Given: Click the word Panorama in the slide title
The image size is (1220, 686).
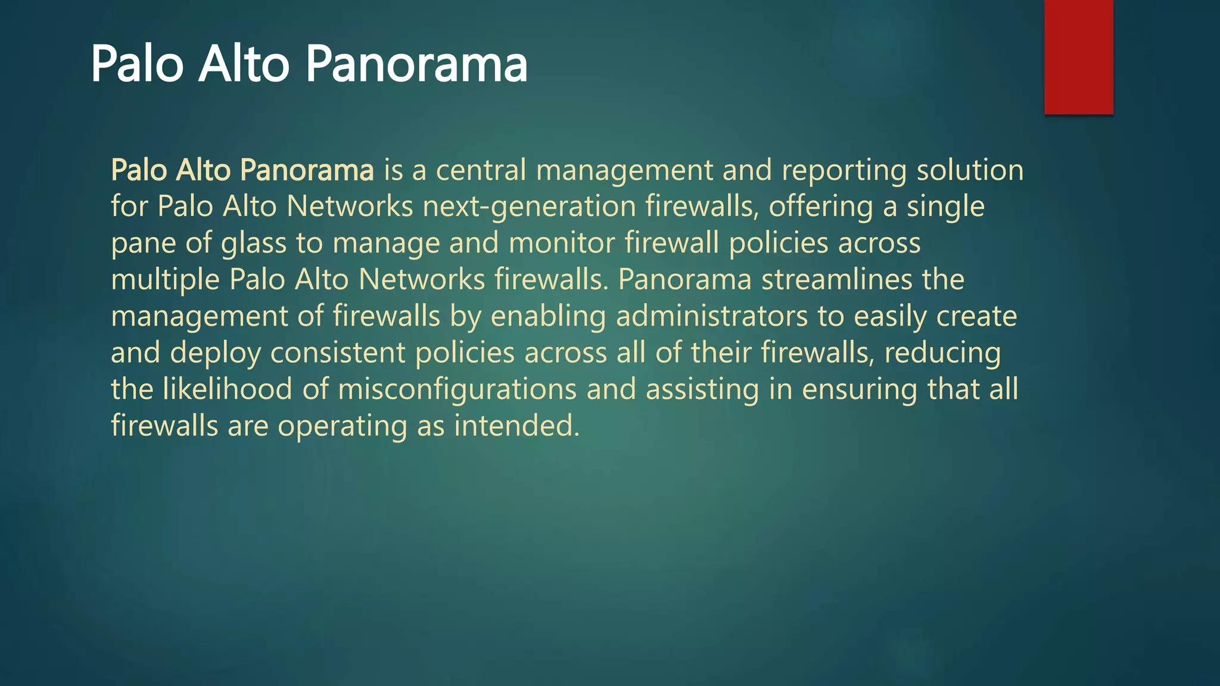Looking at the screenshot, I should tap(416, 64).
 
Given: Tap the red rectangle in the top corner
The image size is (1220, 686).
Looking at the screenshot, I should tap(1078, 57).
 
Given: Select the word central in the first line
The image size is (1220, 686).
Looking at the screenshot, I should tap(481, 170).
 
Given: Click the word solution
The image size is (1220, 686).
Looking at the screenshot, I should tap(970, 170).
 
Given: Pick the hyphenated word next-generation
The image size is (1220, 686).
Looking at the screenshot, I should tap(529, 207).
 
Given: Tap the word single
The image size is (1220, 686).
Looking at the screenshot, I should tap(945, 207).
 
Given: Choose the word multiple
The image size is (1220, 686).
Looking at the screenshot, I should tap(165, 280).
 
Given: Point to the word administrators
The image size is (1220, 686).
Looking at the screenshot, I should tap(711, 316).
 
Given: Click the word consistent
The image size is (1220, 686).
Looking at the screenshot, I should tap(338, 353).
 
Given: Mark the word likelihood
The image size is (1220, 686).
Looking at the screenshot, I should tap(227, 389).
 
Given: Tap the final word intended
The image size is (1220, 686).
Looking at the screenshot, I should tap(516, 426).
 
